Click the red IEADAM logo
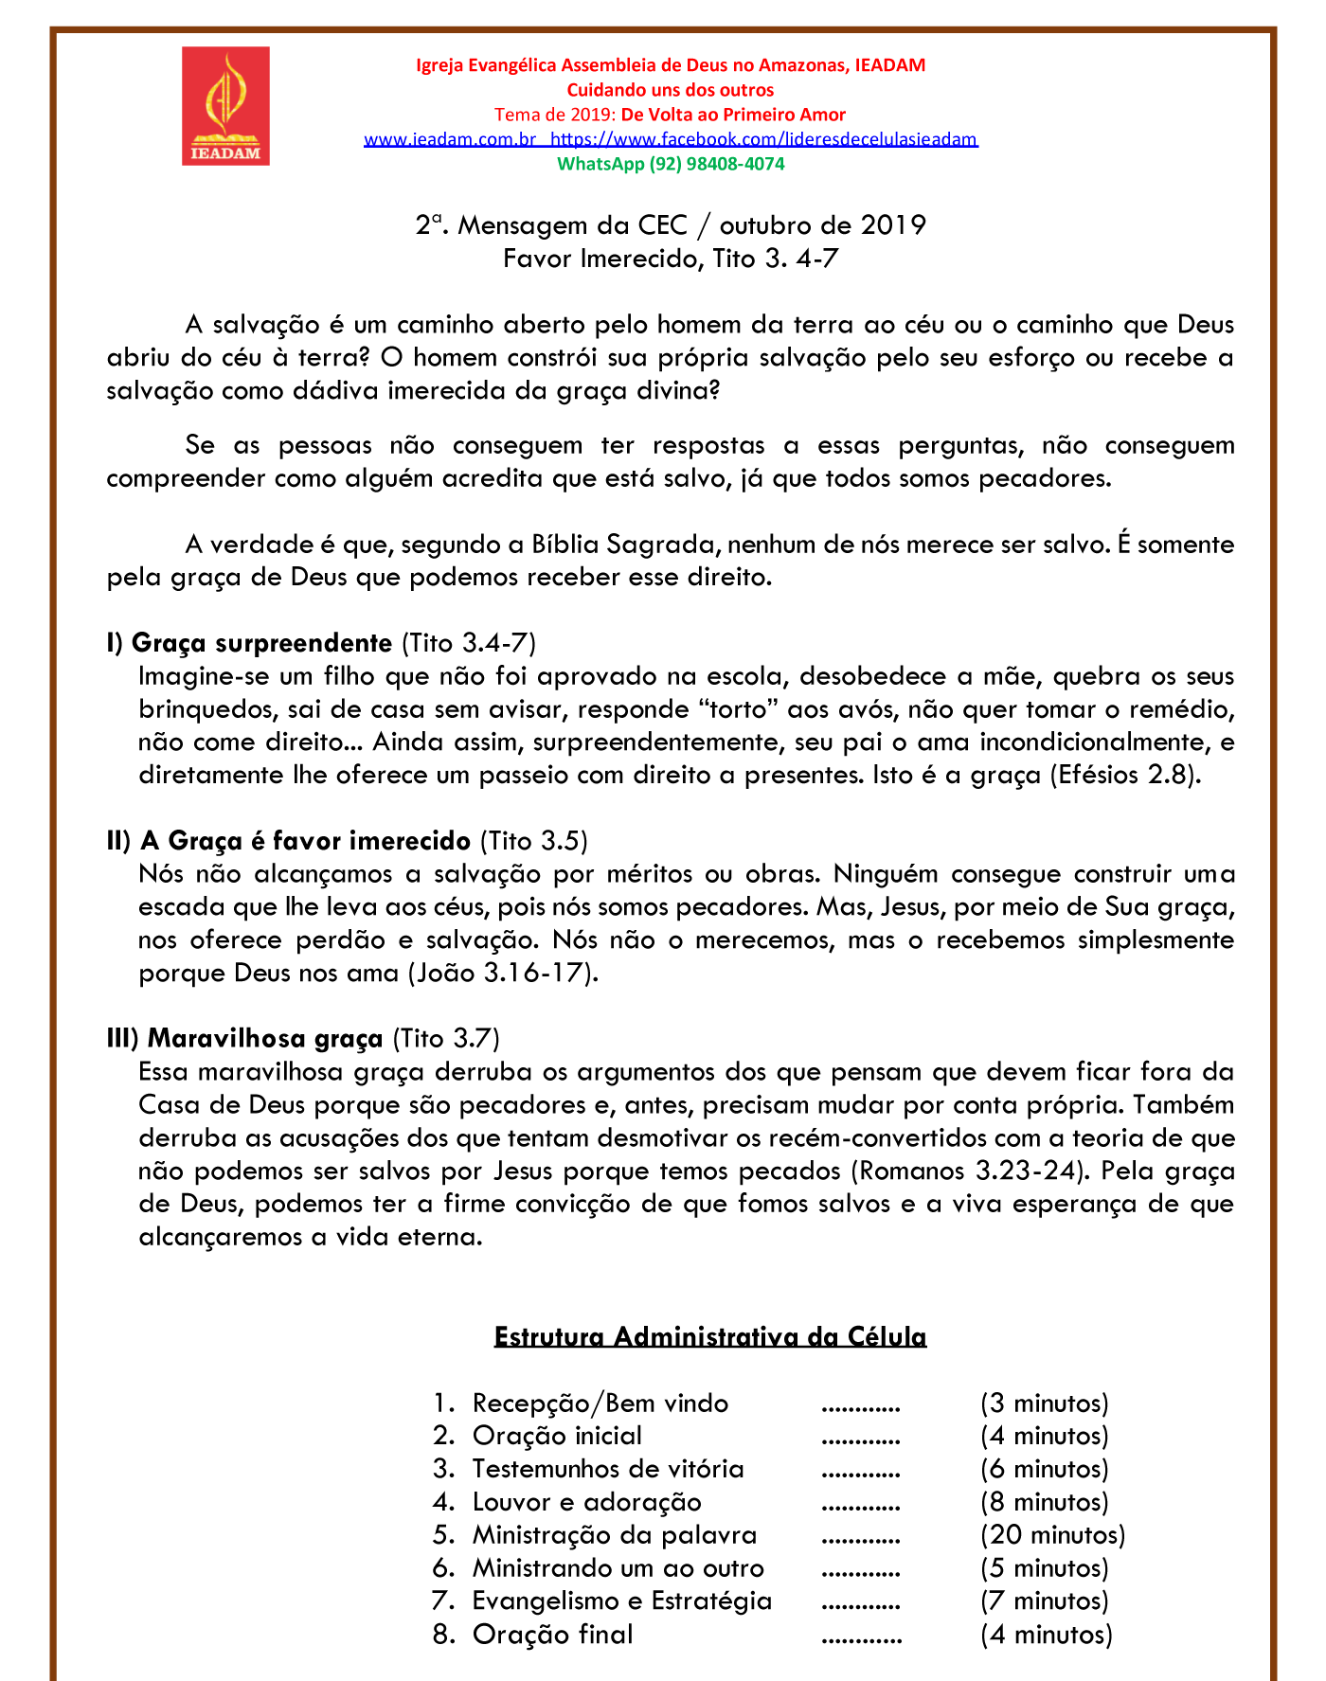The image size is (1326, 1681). [225, 106]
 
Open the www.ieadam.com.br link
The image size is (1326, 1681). [451, 139]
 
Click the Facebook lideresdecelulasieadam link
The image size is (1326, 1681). [763, 139]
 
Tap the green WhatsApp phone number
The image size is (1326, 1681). [671, 164]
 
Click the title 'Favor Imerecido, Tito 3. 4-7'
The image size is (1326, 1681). [671, 259]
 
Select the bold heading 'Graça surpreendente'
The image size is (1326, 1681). [261, 643]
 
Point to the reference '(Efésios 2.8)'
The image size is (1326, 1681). [1125, 775]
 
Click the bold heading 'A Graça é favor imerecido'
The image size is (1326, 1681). [305, 841]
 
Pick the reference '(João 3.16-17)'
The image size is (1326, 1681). [503, 974]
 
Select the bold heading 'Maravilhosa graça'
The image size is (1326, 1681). [265, 1039]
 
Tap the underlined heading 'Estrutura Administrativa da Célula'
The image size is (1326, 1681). [710, 1337]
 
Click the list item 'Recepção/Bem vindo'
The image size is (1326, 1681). [600, 1404]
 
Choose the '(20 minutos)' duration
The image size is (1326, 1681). [1053, 1535]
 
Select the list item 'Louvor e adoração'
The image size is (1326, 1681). [587, 1502]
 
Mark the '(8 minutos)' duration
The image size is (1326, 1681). [1045, 1502]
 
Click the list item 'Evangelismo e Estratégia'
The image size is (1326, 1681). [622, 1601]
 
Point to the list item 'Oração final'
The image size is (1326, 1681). [553, 1635]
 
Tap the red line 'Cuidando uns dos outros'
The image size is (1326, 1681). [671, 90]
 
